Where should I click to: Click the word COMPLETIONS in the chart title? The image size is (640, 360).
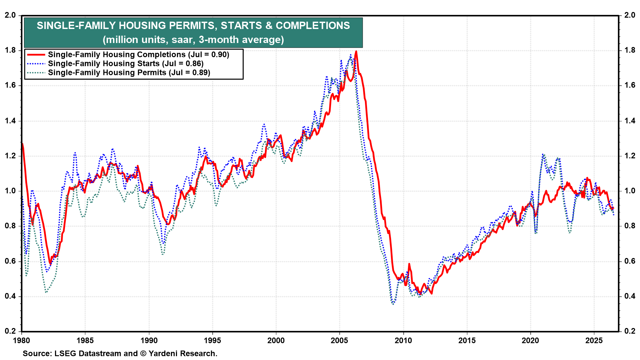click(313, 26)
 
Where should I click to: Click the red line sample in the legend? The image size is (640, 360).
click(36, 55)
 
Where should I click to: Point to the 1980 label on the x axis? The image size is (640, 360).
click(21, 341)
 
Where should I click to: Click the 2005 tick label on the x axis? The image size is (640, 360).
click(339, 341)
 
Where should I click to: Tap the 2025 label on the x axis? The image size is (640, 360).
click(594, 341)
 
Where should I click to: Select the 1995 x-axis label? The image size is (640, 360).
click(212, 341)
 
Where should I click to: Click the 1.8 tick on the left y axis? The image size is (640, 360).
click(10, 50)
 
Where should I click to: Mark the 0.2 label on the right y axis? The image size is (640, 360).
click(629, 331)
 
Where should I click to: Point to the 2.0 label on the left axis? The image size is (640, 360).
click(10, 15)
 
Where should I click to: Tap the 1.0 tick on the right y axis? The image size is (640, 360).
click(629, 191)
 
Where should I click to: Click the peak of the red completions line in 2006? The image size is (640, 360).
click(356, 51)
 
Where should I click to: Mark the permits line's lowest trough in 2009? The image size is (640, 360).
click(393, 304)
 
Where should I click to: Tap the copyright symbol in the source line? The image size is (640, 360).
click(143, 354)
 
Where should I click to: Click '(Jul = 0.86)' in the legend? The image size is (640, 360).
click(183, 64)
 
